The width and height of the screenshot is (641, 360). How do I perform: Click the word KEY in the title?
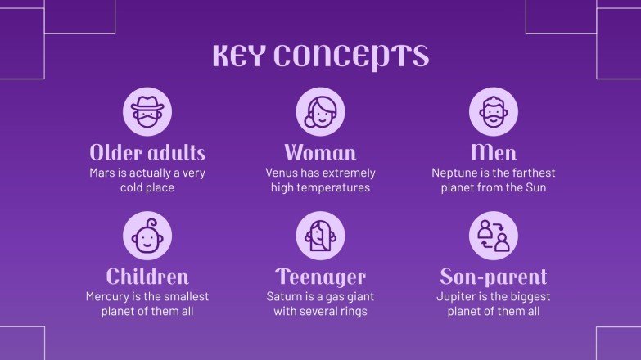pos(238,56)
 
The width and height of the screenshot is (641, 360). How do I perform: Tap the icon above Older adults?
pos(147,112)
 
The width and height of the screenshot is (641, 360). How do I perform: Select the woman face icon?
pos(320,112)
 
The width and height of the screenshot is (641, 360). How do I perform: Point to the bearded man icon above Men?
pos(494,112)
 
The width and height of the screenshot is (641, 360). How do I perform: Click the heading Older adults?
pos(147,153)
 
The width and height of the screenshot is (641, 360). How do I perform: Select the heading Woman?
pos(320,153)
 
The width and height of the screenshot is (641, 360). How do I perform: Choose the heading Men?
pos(494,153)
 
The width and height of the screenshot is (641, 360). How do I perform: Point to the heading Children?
pos(147,277)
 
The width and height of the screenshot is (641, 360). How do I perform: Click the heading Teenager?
pos(320,277)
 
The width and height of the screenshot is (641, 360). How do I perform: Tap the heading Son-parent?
pos(494,277)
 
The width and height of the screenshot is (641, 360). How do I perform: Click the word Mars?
pos(104,173)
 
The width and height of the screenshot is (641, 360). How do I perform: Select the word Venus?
pos(282,173)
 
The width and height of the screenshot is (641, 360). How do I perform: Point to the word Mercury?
pos(109,297)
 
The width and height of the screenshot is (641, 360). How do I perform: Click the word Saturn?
pos(284,297)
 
